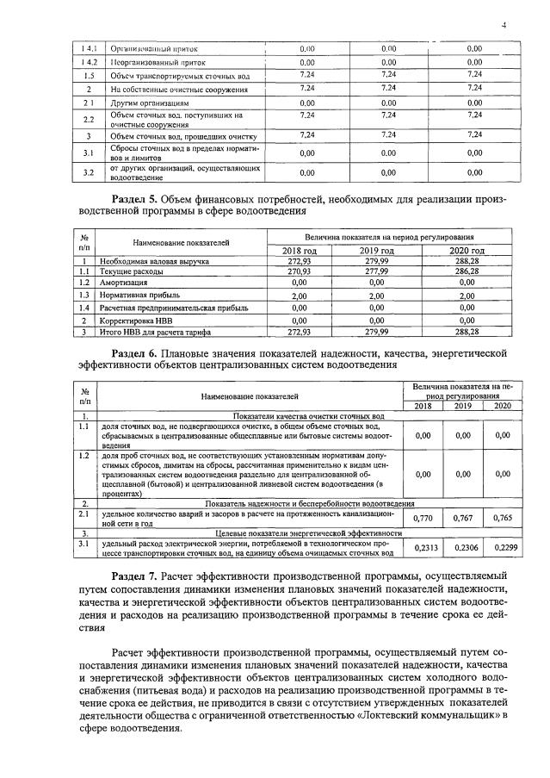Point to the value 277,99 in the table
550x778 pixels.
[x=376, y=271]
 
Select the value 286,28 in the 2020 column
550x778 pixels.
[x=467, y=271]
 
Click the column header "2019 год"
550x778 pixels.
[x=376, y=250]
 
